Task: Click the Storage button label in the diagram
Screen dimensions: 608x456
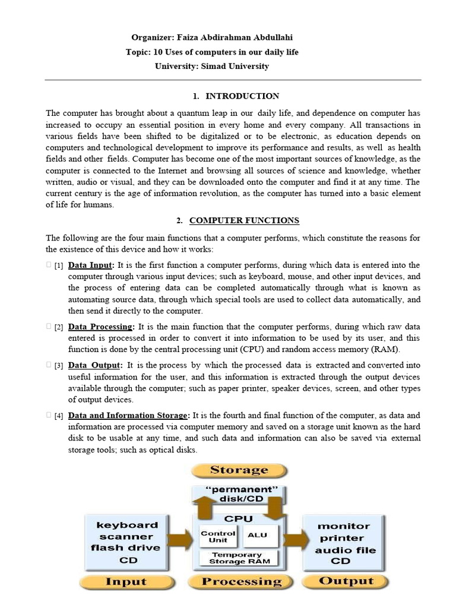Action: (239, 470)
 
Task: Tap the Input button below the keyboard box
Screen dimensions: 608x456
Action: (125, 581)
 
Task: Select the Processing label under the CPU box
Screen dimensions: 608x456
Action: (241, 581)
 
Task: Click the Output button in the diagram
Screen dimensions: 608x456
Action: (346, 581)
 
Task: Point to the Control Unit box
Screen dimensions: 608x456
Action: (218, 536)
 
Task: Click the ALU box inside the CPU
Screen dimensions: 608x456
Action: (258, 535)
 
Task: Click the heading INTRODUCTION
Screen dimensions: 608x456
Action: (242, 96)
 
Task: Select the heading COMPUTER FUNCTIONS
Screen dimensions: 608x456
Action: (244, 221)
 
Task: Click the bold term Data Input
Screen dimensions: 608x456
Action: (90, 265)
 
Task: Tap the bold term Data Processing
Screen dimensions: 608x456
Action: (101, 327)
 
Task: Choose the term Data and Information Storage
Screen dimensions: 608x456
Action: (129, 416)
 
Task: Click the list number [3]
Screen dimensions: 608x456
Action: (59, 366)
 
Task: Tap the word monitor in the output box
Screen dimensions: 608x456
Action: (344, 526)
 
